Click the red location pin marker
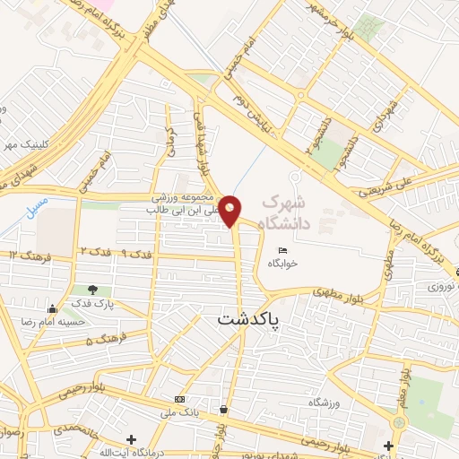(x=230, y=210)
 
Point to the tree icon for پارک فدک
(x=93, y=290)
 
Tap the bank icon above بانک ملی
(x=180, y=398)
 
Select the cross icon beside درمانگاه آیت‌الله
(x=131, y=439)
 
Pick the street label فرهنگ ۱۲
(x=27, y=255)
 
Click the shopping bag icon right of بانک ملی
(x=222, y=410)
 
